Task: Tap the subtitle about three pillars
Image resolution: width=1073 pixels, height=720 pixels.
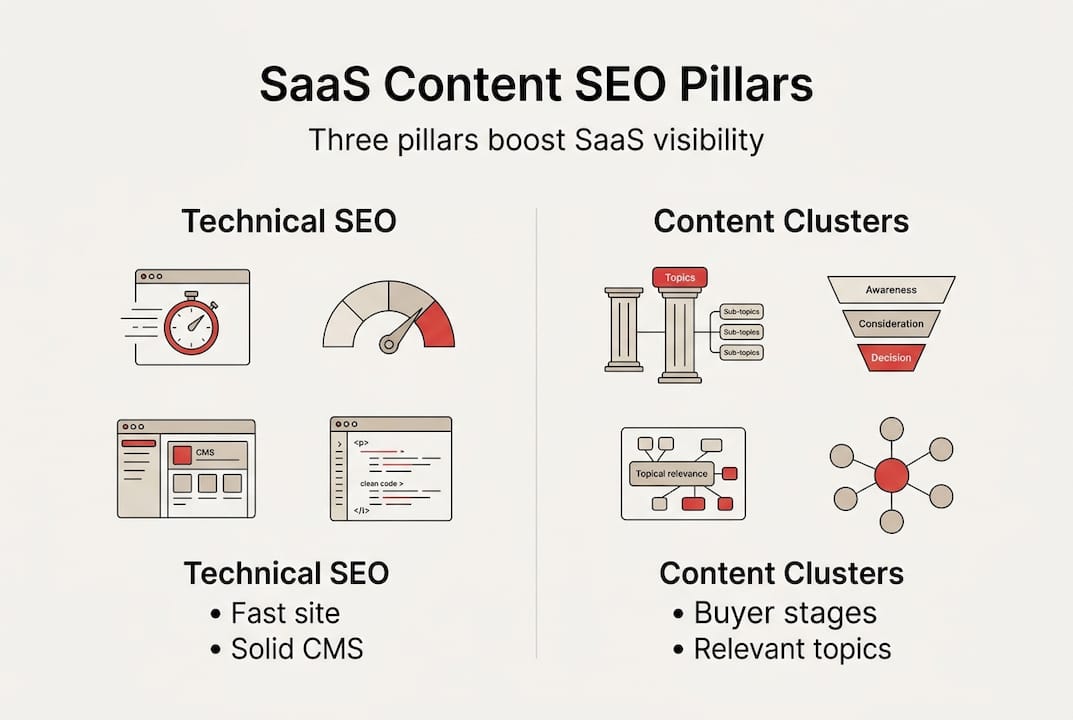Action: pos(536,139)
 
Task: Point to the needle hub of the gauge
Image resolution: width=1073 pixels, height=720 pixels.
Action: pos(388,345)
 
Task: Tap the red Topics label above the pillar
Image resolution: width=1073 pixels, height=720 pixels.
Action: pos(679,277)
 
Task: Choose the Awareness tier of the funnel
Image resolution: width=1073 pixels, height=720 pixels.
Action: pos(891,291)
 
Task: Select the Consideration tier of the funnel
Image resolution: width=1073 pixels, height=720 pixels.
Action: pos(891,324)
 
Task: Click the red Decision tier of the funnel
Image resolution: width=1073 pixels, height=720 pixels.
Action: pos(891,356)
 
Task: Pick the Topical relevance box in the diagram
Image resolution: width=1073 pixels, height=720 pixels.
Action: pos(671,474)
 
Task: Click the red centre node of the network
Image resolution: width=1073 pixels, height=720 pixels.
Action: pos(891,474)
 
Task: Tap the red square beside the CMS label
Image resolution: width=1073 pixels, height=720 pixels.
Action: pos(182,454)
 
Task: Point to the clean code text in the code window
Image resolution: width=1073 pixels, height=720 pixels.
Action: pos(381,484)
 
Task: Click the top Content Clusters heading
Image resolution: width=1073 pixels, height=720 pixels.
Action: pos(781,221)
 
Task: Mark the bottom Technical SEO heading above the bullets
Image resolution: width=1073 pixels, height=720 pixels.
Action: pos(286,573)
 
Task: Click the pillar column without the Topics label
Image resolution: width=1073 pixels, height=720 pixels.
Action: pos(624,331)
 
